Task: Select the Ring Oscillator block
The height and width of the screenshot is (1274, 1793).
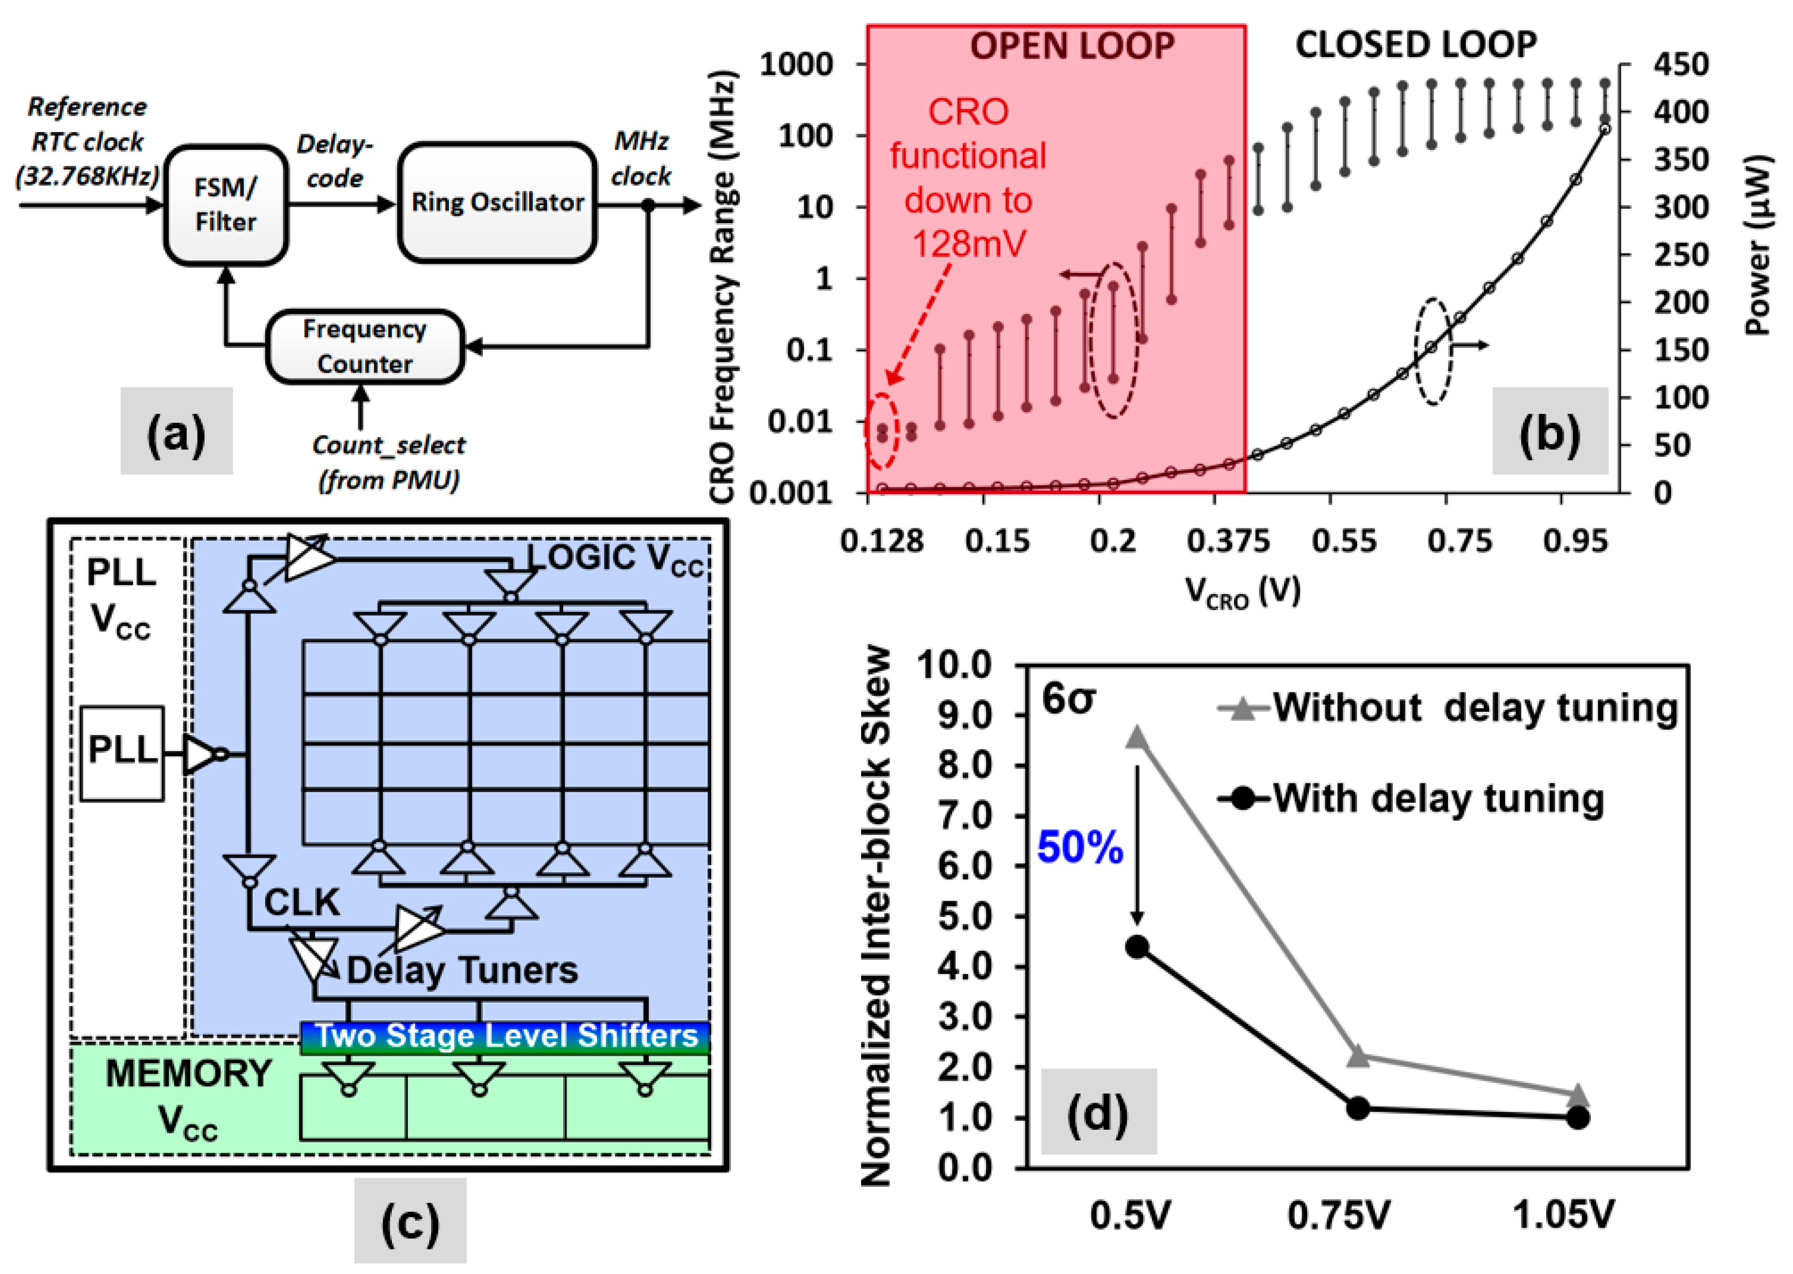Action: [497, 202]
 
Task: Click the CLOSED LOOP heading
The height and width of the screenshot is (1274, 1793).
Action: [1416, 45]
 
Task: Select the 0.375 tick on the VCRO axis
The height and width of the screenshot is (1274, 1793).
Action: [1227, 541]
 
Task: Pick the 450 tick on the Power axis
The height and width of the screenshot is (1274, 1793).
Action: [1681, 64]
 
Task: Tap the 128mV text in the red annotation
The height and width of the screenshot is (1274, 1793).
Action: [969, 244]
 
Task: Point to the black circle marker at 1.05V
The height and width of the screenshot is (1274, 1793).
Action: [1578, 1117]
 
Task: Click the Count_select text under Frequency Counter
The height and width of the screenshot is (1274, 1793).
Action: [388, 445]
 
